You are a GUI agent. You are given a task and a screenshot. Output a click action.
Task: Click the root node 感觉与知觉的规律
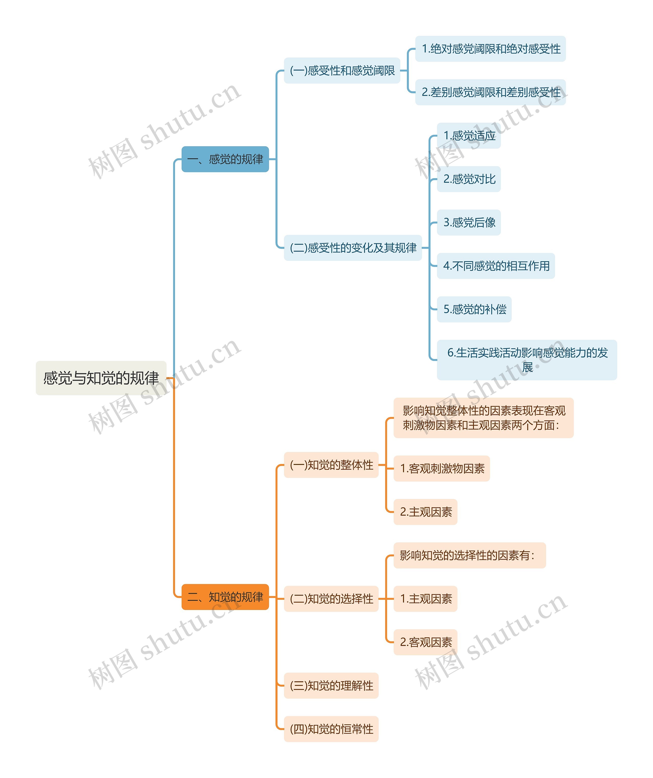[x=101, y=378]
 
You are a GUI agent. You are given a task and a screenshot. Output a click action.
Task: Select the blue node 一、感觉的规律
[x=225, y=159]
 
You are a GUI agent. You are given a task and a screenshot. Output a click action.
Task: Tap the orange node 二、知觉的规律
[x=225, y=597]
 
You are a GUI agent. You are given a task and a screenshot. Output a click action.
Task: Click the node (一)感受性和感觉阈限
[x=342, y=70]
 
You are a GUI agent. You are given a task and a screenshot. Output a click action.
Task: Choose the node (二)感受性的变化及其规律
[x=353, y=247]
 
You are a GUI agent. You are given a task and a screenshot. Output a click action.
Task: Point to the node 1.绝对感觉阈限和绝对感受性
[x=491, y=49]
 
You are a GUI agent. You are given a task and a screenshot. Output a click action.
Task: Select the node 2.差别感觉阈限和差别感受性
[x=491, y=92]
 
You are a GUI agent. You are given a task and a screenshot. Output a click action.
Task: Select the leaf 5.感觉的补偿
[x=474, y=309]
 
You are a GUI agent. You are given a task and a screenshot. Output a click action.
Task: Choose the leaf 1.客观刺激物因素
[x=442, y=468]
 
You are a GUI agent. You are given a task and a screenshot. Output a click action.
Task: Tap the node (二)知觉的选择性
[x=331, y=599]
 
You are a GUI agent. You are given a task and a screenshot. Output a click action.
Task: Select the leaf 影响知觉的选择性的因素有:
[x=469, y=555]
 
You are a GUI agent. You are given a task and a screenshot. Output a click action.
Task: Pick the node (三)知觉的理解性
[x=331, y=685]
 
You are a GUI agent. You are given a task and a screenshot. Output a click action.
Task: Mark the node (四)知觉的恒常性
[x=331, y=729]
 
